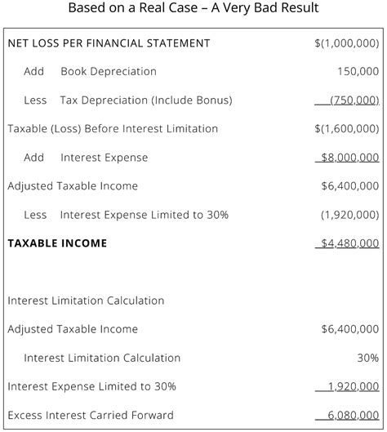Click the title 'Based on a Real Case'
pyautogui.click(x=193, y=9)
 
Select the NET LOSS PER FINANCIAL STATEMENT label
pyautogui.click(x=109, y=42)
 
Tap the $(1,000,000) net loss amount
pyautogui.click(x=346, y=42)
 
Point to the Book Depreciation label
pyautogui.click(x=109, y=71)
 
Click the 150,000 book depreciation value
pyautogui.click(x=358, y=71)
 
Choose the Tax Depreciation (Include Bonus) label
pyautogui.click(x=146, y=100)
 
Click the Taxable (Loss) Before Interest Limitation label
pyautogui.click(x=113, y=128)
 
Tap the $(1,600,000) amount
pyautogui.click(x=346, y=128)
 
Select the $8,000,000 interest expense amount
pyautogui.click(x=349, y=158)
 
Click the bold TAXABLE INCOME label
pyautogui.click(x=57, y=243)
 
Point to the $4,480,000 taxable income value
pyautogui.click(x=349, y=243)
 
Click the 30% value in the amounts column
pyautogui.click(x=367, y=358)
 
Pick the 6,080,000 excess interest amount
pyautogui.click(x=353, y=415)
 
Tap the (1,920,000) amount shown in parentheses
pyautogui.click(x=349, y=215)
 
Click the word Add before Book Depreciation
pyautogui.click(x=33, y=71)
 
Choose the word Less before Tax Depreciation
pyautogui.click(x=35, y=100)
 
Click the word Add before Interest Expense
pyautogui.click(x=33, y=158)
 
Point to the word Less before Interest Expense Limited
pyautogui.click(x=35, y=215)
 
